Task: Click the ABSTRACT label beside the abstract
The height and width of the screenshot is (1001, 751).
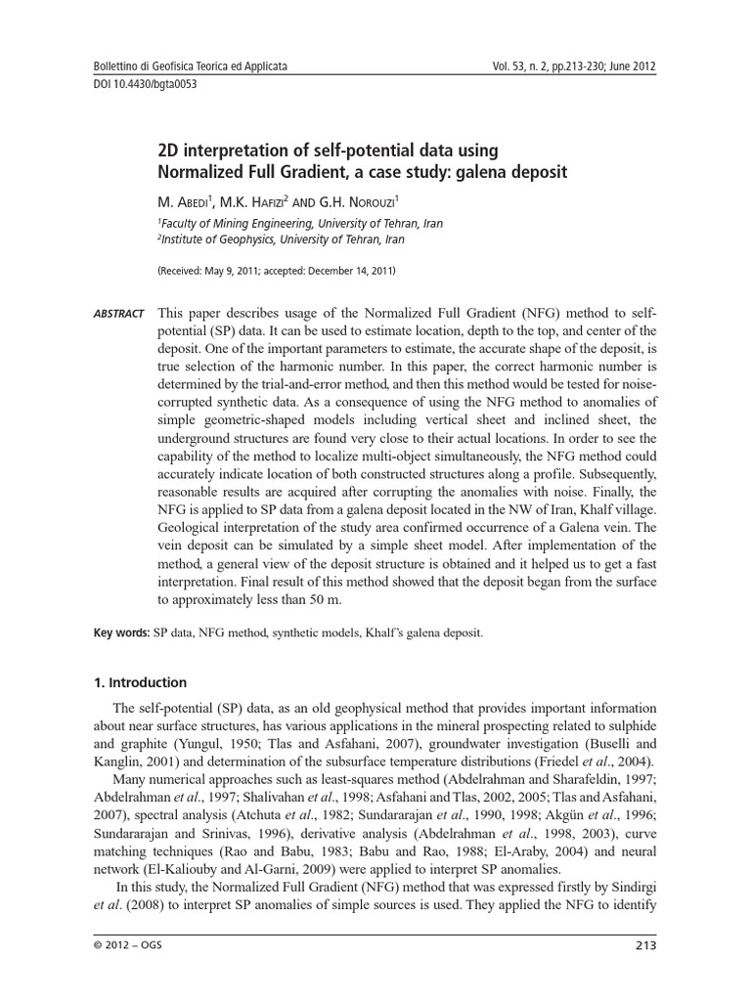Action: point(118,314)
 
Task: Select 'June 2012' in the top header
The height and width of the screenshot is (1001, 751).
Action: point(631,67)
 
